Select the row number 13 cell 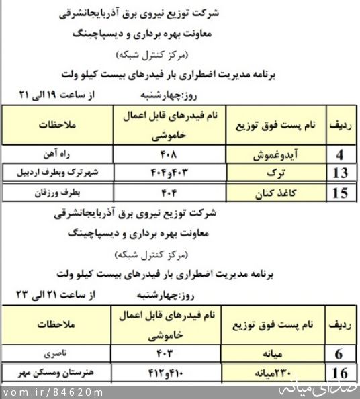[x=341, y=173]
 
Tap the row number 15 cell [x=341, y=194]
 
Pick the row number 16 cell [x=341, y=373]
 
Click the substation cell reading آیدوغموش [x=273, y=154]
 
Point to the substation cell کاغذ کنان [x=273, y=194]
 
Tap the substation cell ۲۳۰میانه [x=273, y=373]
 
